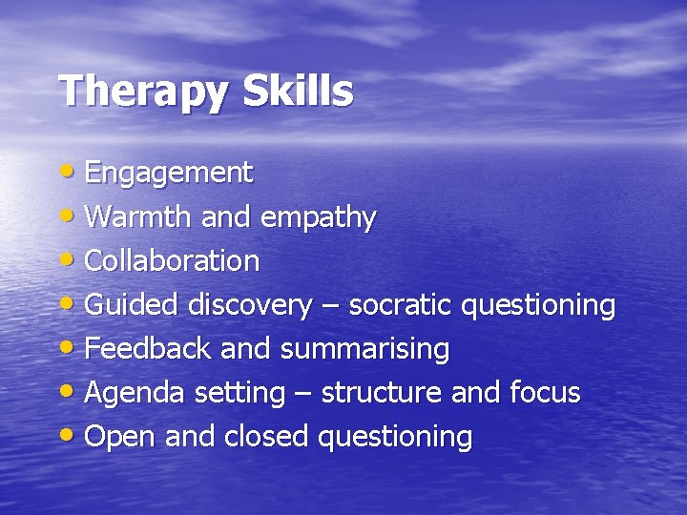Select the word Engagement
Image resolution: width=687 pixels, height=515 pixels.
tap(169, 174)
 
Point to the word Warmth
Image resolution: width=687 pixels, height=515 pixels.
tap(139, 216)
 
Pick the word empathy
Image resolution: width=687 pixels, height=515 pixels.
tap(318, 218)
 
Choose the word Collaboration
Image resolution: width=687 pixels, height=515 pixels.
tap(172, 260)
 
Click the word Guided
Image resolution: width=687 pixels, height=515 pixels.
tap(132, 305)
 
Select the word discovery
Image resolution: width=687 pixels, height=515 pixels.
tap(249, 306)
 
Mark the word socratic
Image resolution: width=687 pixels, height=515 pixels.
tap(400, 305)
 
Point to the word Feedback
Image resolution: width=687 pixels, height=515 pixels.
tap(148, 349)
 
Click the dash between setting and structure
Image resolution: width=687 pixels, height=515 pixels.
tap(302, 394)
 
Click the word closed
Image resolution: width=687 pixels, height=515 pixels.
tap(266, 437)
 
